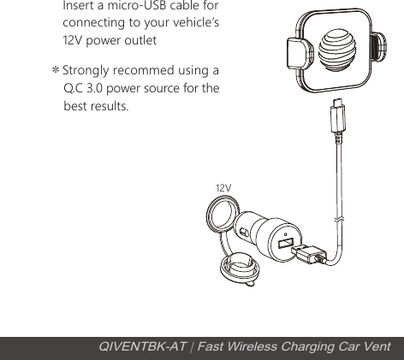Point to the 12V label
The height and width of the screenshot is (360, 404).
[223, 186]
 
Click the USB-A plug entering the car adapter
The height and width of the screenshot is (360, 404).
[308, 253]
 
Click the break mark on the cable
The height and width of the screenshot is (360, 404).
[342, 221]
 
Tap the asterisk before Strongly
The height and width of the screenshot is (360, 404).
[56, 70]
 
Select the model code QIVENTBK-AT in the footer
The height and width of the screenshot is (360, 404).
[138, 346]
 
